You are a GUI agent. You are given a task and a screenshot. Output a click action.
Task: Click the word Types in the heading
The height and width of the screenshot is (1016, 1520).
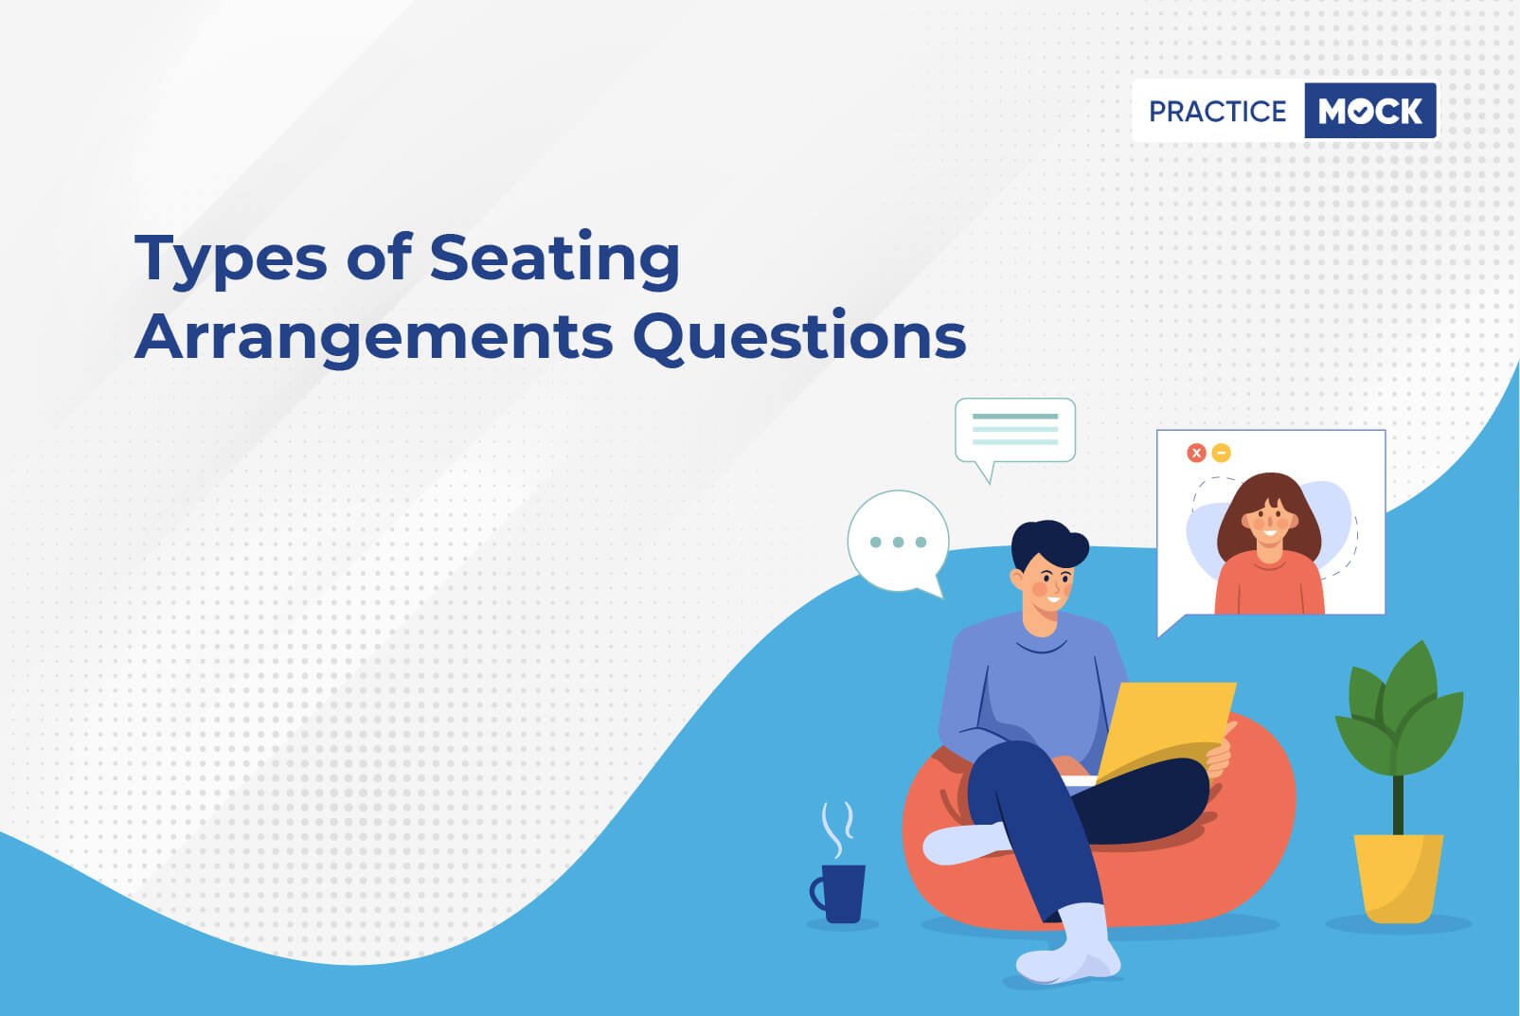[231, 259]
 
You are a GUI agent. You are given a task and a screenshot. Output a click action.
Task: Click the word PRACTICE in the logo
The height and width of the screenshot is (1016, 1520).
[1217, 112]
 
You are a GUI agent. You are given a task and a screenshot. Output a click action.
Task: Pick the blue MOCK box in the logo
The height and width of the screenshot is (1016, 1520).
[1370, 111]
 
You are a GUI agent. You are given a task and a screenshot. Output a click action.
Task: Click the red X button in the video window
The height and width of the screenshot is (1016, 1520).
[1196, 453]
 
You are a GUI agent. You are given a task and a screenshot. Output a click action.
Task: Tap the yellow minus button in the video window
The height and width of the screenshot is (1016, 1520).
[1221, 453]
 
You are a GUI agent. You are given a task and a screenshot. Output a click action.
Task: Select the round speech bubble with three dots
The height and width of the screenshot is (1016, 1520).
[897, 544]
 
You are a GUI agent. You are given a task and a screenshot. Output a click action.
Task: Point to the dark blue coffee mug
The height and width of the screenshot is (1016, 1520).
[840, 893]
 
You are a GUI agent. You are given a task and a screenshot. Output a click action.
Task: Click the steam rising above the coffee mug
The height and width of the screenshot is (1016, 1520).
[836, 829]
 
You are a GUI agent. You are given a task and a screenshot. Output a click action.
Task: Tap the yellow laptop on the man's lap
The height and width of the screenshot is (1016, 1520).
[1165, 733]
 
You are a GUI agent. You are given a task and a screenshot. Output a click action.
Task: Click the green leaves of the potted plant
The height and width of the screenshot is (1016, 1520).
[1400, 712]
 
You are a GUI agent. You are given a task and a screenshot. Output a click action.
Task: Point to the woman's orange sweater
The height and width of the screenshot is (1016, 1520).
[1269, 583]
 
